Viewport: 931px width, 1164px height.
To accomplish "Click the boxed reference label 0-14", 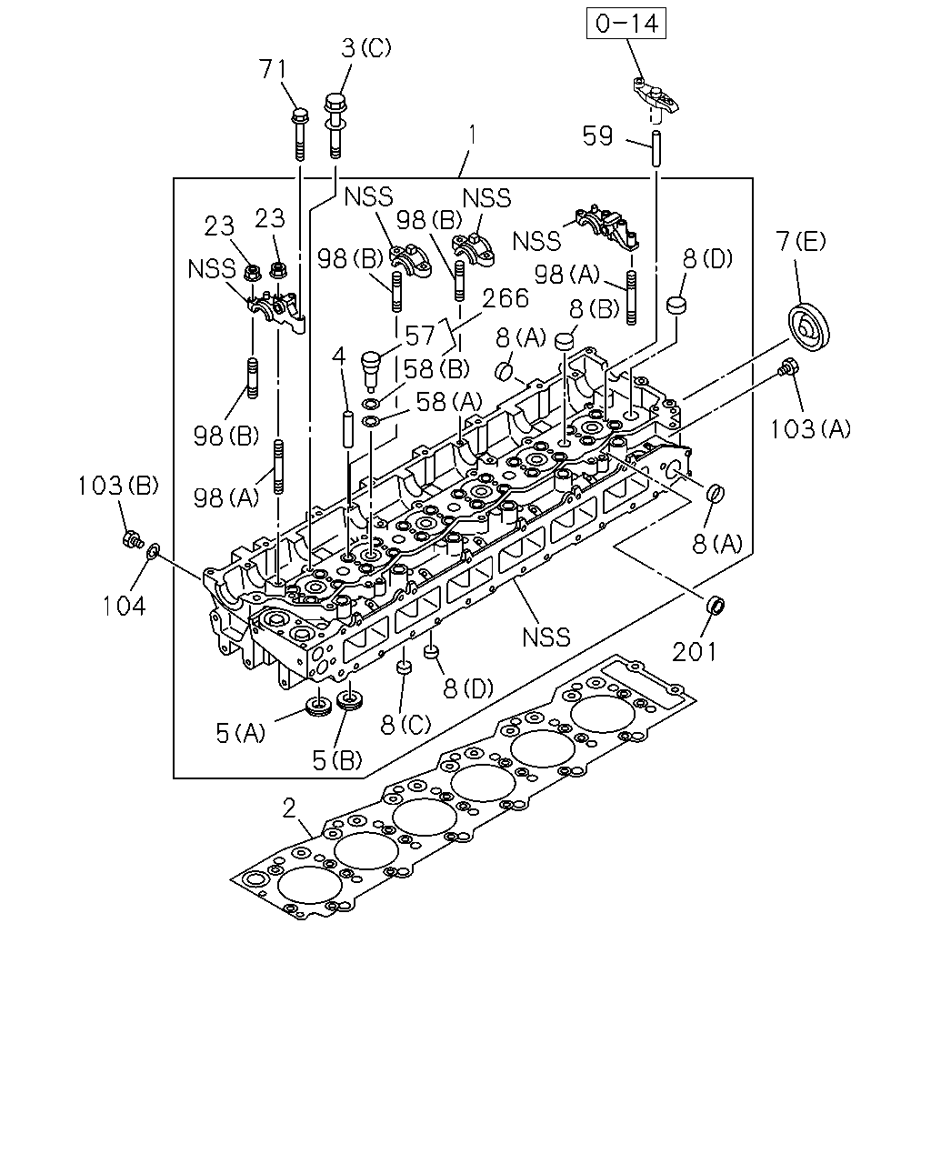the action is click(x=626, y=24).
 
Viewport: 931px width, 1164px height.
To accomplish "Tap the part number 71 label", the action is click(x=273, y=69).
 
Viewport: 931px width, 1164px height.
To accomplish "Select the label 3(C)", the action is click(x=366, y=48).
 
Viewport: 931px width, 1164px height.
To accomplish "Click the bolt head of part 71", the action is click(x=299, y=115).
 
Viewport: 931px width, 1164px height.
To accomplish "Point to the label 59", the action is click(x=597, y=135).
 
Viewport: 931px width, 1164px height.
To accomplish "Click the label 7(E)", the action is click(x=801, y=241).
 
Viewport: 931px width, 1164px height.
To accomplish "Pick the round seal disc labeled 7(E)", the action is click(x=808, y=327).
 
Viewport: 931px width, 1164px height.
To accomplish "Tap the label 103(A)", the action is click(x=810, y=429).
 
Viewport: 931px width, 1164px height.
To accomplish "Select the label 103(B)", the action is click(x=118, y=486).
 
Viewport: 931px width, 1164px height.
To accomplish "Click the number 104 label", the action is click(x=125, y=606).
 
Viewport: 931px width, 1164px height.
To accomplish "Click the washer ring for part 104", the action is click(x=153, y=552).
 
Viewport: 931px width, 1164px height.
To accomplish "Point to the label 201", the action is click(x=695, y=652).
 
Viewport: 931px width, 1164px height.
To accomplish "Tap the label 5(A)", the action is click(x=241, y=734).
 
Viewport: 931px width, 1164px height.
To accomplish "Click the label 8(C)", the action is click(x=405, y=725).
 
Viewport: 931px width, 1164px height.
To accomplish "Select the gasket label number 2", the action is click(x=289, y=809).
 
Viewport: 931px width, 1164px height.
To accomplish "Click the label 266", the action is click(x=506, y=298).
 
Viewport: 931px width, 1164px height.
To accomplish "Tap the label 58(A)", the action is click(x=448, y=402).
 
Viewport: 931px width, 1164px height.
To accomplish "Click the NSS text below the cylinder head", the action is click(x=546, y=637).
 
